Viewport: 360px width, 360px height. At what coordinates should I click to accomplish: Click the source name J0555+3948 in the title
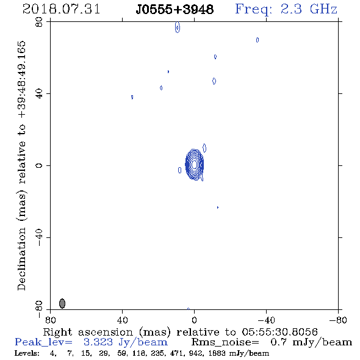tap(175, 10)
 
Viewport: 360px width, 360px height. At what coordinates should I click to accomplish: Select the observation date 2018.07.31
tap(61, 9)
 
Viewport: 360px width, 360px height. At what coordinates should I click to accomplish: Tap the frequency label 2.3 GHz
tap(309, 9)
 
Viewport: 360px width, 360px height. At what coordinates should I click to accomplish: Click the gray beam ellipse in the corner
tap(62, 303)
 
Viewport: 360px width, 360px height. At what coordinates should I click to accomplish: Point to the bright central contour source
tap(195, 164)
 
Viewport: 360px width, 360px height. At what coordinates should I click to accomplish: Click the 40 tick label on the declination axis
tap(39, 94)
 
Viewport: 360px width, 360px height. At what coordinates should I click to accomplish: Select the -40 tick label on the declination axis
tap(39, 237)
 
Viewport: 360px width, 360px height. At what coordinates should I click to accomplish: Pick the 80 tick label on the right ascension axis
tap(50, 320)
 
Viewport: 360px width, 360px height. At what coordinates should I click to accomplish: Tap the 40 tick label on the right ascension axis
tap(122, 320)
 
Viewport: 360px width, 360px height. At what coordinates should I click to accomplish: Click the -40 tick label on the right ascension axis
tap(266, 320)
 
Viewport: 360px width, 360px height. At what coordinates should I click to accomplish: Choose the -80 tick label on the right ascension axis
tap(338, 320)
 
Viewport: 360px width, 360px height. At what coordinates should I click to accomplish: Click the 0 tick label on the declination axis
tap(39, 165)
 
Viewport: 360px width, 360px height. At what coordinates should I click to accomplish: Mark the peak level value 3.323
tap(98, 342)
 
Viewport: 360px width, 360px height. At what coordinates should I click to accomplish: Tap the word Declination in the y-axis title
tap(21, 259)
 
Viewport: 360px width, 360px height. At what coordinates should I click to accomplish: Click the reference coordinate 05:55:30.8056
tap(279, 332)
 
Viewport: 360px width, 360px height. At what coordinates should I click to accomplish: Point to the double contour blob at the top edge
tap(177, 27)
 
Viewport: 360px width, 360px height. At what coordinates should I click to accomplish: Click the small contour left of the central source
tap(179, 170)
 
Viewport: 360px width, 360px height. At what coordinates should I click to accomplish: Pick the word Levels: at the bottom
tap(27, 353)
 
